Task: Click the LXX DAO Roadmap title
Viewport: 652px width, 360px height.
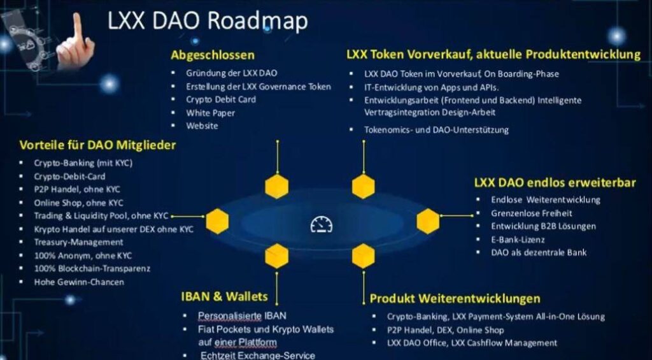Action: pos(208,21)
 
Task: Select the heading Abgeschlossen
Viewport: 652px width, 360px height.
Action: pos(213,55)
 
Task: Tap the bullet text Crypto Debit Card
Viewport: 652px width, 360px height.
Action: pos(221,99)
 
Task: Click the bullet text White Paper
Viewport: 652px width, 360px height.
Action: pos(210,113)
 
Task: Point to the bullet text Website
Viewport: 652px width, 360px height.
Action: pos(202,126)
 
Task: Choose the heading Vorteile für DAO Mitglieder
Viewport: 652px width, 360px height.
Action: pos(97,145)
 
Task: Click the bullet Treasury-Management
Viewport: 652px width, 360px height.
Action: pos(78,241)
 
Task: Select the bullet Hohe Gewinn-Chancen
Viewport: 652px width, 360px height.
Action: pos(79,282)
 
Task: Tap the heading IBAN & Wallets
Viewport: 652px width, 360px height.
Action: pos(225,296)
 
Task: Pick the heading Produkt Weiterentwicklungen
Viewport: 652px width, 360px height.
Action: pos(455,298)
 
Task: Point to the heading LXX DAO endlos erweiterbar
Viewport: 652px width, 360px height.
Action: pos(555,183)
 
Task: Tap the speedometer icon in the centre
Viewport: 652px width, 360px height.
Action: pos(322,225)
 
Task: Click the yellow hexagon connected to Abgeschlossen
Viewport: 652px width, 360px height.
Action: pos(277,186)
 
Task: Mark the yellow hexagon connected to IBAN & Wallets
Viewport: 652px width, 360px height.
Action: pos(277,256)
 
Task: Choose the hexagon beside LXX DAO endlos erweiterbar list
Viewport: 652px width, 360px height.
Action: pos(428,221)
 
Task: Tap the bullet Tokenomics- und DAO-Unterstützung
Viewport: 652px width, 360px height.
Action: pos(436,129)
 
